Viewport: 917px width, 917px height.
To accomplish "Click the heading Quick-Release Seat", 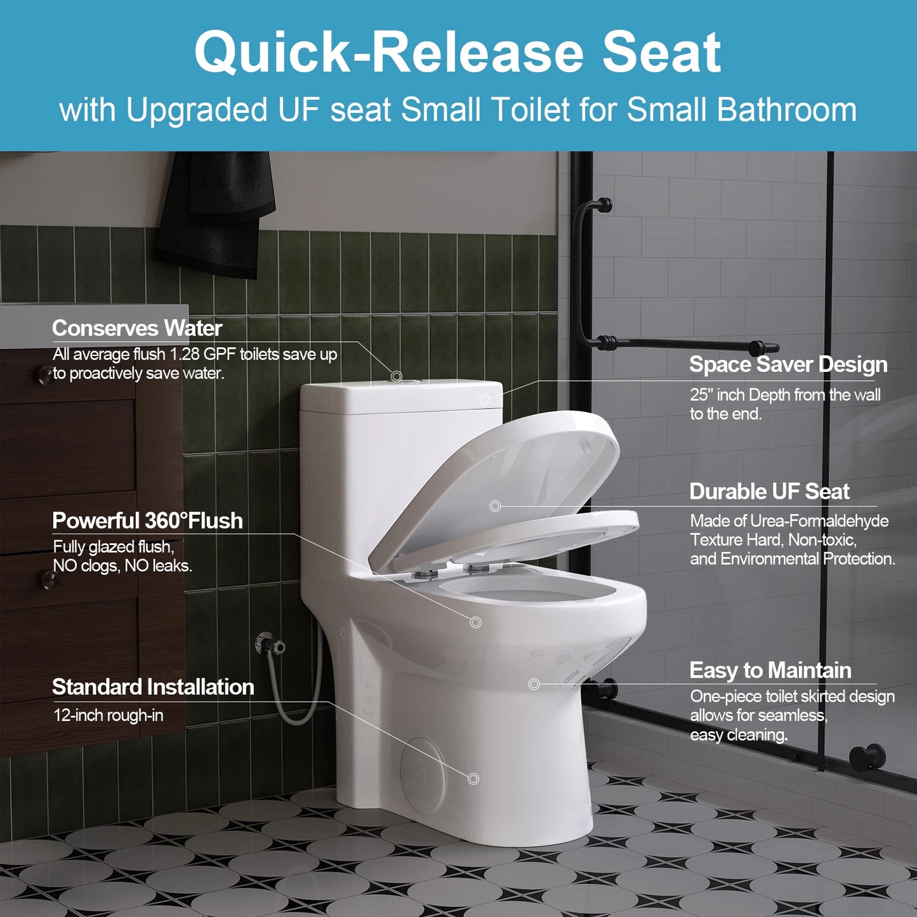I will click(458, 53).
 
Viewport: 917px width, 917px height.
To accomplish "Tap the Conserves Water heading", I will click(137, 328).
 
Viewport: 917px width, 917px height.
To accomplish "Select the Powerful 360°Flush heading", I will click(147, 520).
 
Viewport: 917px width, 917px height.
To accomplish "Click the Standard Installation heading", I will click(153, 687).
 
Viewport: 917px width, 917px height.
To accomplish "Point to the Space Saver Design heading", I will click(788, 364).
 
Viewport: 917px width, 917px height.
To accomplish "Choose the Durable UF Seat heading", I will click(769, 491).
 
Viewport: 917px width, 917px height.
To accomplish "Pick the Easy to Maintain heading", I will click(770, 670).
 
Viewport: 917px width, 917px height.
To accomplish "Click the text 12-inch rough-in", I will click(108, 715).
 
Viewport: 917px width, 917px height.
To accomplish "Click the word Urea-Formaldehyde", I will click(819, 521).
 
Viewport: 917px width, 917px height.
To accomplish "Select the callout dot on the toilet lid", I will click(495, 506).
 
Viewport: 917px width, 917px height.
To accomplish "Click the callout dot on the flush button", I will click(397, 376).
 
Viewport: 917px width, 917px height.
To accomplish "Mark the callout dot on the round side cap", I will click(473, 779).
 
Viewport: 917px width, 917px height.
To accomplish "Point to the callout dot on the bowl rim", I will click(475, 623).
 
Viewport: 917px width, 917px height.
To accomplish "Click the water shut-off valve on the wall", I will click(270, 645).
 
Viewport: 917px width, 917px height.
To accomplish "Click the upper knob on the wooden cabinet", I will click(45, 374).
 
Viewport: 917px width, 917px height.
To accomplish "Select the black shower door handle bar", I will click(679, 345).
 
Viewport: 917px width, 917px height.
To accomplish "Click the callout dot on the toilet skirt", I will click(534, 684).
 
